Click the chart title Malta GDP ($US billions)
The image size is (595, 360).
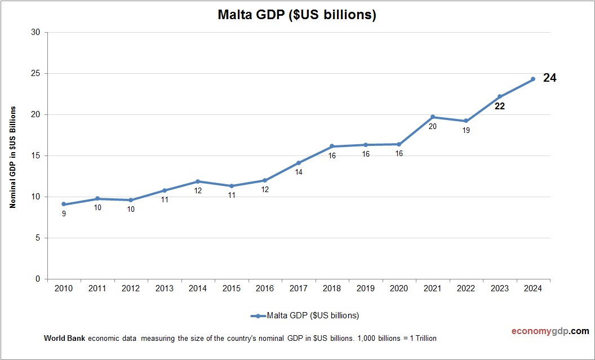tap(297, 15)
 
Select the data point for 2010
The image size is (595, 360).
tap(64, 204)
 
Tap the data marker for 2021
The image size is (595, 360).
tap(433, 117)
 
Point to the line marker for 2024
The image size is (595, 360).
tap(533, 79)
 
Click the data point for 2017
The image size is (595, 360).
tap(299, 163)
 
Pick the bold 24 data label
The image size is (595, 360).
tap(549, 78)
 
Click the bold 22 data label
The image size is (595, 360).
tap(499, 106)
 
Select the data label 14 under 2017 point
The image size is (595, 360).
tap(299, 172)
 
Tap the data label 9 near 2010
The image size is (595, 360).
tap(64, 214)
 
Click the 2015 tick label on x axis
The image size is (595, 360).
tap(232, 288)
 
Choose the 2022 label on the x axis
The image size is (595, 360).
tap(466, 288)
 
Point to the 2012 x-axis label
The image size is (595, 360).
tap(131, 288)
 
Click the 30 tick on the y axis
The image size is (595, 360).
tap(35, 32)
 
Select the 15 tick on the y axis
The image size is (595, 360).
tap(35, 155)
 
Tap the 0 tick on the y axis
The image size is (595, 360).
tap(38, 279)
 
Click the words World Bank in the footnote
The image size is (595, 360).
tap(64, 339)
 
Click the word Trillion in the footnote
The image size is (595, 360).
tap(423, 339)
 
